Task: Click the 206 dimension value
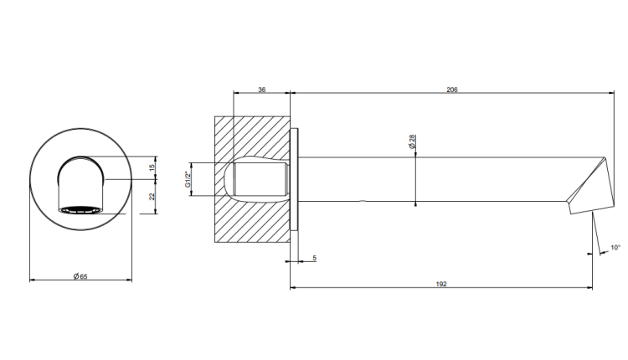(x=452, y=90)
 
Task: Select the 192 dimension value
(x=441, y=284)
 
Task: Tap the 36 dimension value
(x=261, y=90)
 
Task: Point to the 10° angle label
(x=615, y=248)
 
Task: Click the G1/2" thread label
(x=187, y=179)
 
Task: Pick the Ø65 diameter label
(x=80, y=276)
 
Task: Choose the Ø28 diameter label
(x=412, y=141)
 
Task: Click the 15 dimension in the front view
(x=152, y=167)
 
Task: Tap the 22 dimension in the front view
(x=152, y=197)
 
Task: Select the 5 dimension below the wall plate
(x=314, y=259)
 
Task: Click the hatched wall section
(x=252, y=179)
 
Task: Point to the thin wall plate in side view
(x=295, y=179)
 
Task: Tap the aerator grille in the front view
(x=80, y=210)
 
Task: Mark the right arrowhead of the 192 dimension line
(x=590, y=287)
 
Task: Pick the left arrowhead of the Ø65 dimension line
(x=33, y=280)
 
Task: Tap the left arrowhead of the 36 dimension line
(x=236, y=93)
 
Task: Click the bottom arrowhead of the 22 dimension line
(x=156, y=211)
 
